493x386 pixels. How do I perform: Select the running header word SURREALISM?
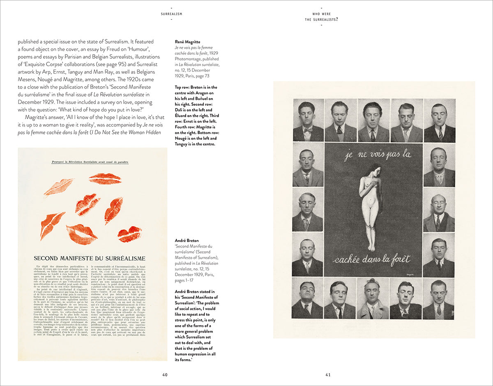pos(171,14)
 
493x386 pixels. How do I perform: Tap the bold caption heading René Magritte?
pos(188,42)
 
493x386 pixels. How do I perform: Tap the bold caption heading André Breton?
pos(187,240)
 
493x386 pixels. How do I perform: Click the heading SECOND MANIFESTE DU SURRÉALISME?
pos(89,259)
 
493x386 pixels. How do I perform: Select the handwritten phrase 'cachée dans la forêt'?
pos(371,259)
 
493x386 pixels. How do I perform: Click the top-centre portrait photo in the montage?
pos(373,121)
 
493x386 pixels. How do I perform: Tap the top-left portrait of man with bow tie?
pos(308,121)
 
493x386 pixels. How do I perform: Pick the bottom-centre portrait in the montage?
pos(373,299)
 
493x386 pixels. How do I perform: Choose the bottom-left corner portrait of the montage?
pos(307,299)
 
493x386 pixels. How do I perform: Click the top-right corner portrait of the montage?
pos(440,121)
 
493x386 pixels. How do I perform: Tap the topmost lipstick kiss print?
pos(105,179)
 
